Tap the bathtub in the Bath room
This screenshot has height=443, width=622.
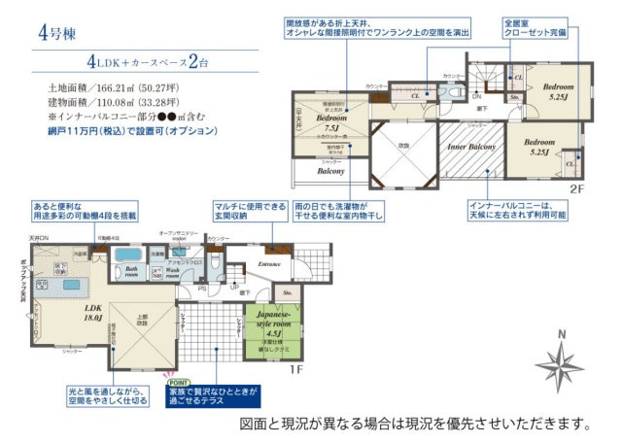point(128,256)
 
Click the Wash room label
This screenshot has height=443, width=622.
point(171,274)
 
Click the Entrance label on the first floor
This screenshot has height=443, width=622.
point(269,262)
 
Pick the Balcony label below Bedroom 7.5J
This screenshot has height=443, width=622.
point(331,170)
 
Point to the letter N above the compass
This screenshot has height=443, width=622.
point(561,335)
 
